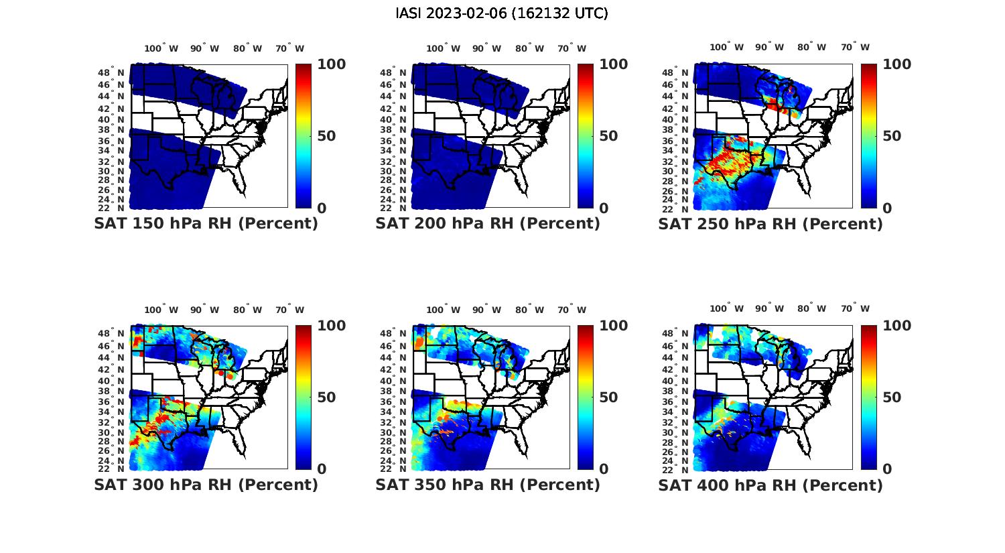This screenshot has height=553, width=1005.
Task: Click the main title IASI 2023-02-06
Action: click(x=502, y=13)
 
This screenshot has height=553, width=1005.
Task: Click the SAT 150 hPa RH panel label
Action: click(x=206, y=224)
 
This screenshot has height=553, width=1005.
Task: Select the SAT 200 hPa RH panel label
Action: click(x=488, y=224)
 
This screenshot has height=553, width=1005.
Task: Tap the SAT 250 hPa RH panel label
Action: click(x=770, y=224)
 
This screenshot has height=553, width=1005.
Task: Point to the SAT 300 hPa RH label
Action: click(x=206, y=485)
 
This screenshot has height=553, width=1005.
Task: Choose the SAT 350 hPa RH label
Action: click(x=488, y=485)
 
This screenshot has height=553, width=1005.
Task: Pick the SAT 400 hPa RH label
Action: click(x=770, y=485)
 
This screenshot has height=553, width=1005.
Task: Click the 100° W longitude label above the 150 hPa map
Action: click(x=161, y=48)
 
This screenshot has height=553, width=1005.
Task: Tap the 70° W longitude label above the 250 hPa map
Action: click(x=855, y=47)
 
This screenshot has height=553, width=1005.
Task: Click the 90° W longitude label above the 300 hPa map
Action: click(x=204, y=310)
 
